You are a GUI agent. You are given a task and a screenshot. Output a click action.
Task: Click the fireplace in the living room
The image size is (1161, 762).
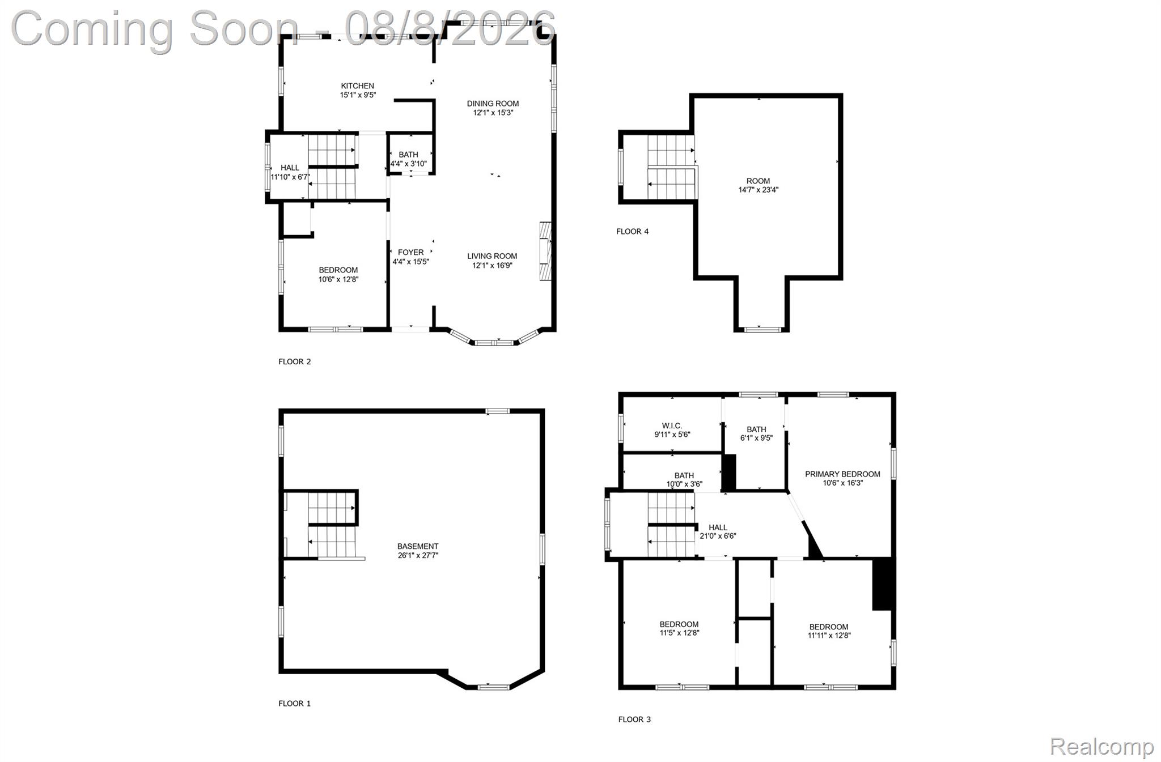click(x=545, y=251)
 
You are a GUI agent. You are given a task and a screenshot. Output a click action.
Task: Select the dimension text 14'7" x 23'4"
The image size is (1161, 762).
click(x=759, y=190)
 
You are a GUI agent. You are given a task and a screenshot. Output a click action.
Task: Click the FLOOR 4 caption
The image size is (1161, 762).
click(x=633, y=231)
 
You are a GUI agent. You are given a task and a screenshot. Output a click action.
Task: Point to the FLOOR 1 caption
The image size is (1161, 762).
click(x=295, y=704)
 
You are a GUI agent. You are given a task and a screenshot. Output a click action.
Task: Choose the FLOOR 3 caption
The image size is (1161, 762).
click(x=634, y=720)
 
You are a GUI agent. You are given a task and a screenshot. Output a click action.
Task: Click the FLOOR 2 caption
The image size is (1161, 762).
click(x=295, y=361)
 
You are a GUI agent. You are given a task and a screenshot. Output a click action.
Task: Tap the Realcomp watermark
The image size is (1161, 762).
click(x=1101, y=746)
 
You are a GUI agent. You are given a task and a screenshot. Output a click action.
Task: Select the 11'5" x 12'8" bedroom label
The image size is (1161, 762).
click(x=679, y=629)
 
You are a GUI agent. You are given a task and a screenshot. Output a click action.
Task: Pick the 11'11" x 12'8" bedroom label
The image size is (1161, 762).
click(x=829, y=631)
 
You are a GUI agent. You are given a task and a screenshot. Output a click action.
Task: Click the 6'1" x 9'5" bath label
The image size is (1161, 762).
click(x=756, y=434)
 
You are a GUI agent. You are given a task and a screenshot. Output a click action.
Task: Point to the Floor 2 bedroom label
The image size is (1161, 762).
click(x=338, y=275)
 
